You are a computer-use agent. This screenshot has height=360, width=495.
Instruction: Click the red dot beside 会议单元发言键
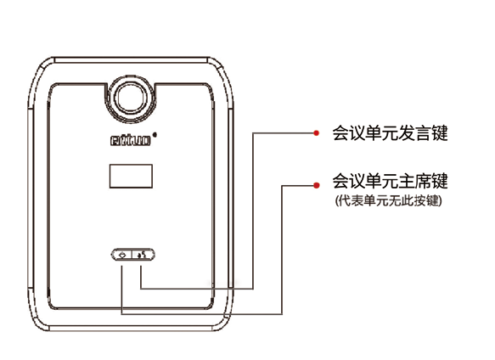(316, 133)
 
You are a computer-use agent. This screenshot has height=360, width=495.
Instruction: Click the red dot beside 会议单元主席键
(317, 185)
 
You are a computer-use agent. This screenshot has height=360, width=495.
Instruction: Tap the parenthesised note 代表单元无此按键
(389, 200)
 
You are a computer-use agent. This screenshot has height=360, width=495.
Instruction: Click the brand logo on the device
(131, 140)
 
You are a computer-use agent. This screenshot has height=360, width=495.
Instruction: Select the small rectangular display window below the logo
(131, 177)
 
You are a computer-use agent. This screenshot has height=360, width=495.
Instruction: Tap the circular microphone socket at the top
(131, 98)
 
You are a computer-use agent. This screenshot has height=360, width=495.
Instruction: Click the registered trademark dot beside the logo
(155, 135)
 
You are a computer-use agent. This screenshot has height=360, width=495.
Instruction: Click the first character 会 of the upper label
(340, 133)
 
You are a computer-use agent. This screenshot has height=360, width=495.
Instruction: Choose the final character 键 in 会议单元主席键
(440, 181)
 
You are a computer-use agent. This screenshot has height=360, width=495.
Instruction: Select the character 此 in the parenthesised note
(408, 200)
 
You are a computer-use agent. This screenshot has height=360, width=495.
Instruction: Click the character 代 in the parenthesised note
(344, 200)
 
